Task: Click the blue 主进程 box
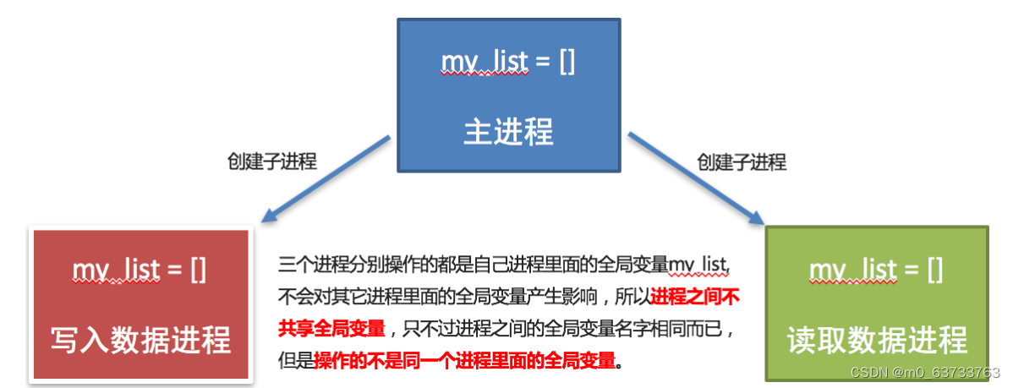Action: pyautogui.click(x=508, y=96)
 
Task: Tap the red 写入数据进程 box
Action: pyautogui.click(x=140, y=304)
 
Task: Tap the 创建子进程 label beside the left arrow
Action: pyautogui.click(x=272, y=161)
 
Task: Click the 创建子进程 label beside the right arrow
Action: pyautogui.click(x=742, y=161)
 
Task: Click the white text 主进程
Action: pyautogui.click(x=508, y=132)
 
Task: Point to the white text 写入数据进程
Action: pyautogui.click(x=140, y=340)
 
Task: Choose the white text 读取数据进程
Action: pyautogui.click(x=877, y=340)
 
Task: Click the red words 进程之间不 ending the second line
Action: pyautogui.click(x=695, y=297)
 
